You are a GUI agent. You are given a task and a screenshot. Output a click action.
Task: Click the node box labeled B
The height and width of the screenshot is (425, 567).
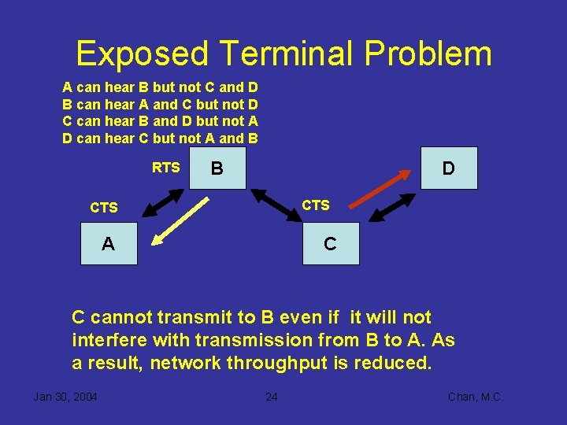pyautogui.click(x=217, y=168)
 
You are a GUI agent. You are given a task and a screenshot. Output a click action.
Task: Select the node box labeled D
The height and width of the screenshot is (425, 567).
pyautogui.click(x=449, y=168)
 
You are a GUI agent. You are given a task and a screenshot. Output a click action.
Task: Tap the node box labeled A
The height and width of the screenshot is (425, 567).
pyautogui.click(x=108, y=243)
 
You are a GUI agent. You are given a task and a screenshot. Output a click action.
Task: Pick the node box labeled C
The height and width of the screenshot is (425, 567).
pyautogui.click(x=331, y=243)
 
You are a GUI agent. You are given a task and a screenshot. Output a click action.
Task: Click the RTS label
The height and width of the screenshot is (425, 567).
pyautogui.click(x=165, y=168)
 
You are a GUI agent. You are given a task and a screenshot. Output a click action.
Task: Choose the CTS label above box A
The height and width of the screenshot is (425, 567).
pyautogui.click(x=104, y=208)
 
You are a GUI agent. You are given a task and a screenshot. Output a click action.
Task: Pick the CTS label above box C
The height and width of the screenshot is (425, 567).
pyautogui.click(x=316, y=205)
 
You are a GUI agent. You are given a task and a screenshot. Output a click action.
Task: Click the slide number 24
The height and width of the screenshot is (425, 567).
pyautogui.click(x=271, y=397)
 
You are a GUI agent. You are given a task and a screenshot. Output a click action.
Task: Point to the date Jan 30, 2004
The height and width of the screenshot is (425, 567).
pyautogui.click(x=65, y=397)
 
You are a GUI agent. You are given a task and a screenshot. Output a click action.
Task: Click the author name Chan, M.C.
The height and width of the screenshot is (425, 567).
pyautogui.click(x=476, y=397)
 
